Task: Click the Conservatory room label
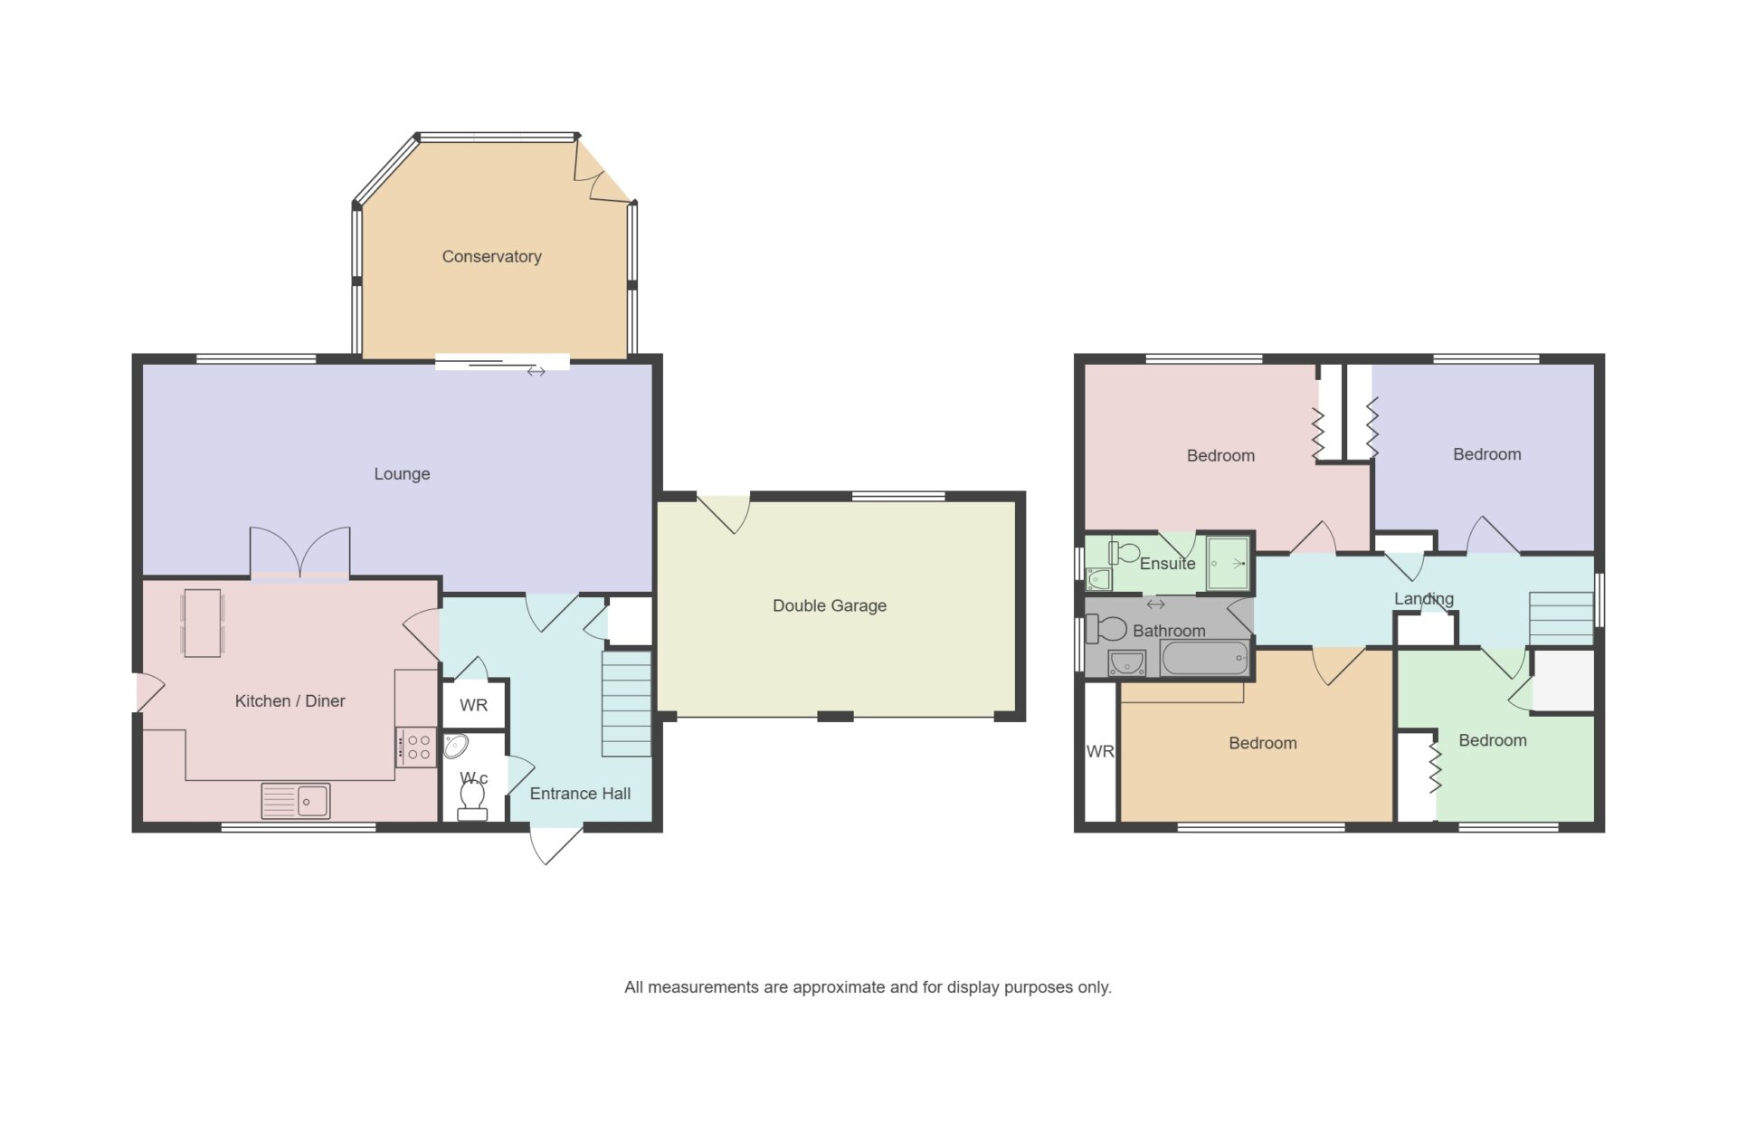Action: pos(491,257)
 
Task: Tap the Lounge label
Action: pos(402,474)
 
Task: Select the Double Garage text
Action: pos(829,606)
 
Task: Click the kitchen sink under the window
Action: pos(296,801)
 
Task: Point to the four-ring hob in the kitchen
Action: pos(417,747)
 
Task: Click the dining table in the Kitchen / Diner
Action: pos(203,623)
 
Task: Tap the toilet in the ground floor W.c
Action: pos(472,800)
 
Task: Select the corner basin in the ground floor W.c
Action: pos(456,747)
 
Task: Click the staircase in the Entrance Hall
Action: pos(626,704)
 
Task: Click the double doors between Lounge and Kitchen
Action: pos(299,553)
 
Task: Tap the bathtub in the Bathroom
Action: pos(1205,659)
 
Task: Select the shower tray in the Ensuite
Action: pos(1229,565)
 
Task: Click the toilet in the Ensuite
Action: pos(1124,552)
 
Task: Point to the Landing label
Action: pos(1424,599)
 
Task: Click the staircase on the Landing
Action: pos(1561,618)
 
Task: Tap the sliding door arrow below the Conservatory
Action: pos(536,372)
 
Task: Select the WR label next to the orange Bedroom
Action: pos(1100,752)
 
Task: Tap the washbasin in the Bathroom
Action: pos(1127,663)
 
